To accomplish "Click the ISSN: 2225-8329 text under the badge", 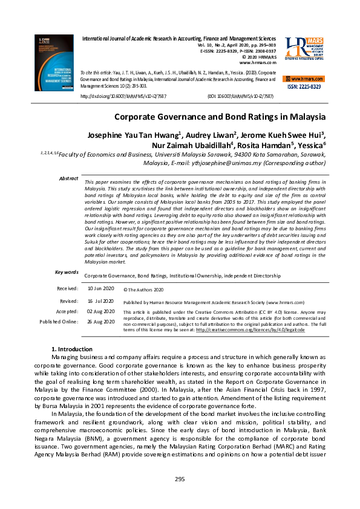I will (304, 87).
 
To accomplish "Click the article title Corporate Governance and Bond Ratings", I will (220, 117).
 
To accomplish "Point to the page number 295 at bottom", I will (180, 479).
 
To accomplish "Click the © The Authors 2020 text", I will (143, 290).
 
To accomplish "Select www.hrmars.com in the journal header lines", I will (258, 62).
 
